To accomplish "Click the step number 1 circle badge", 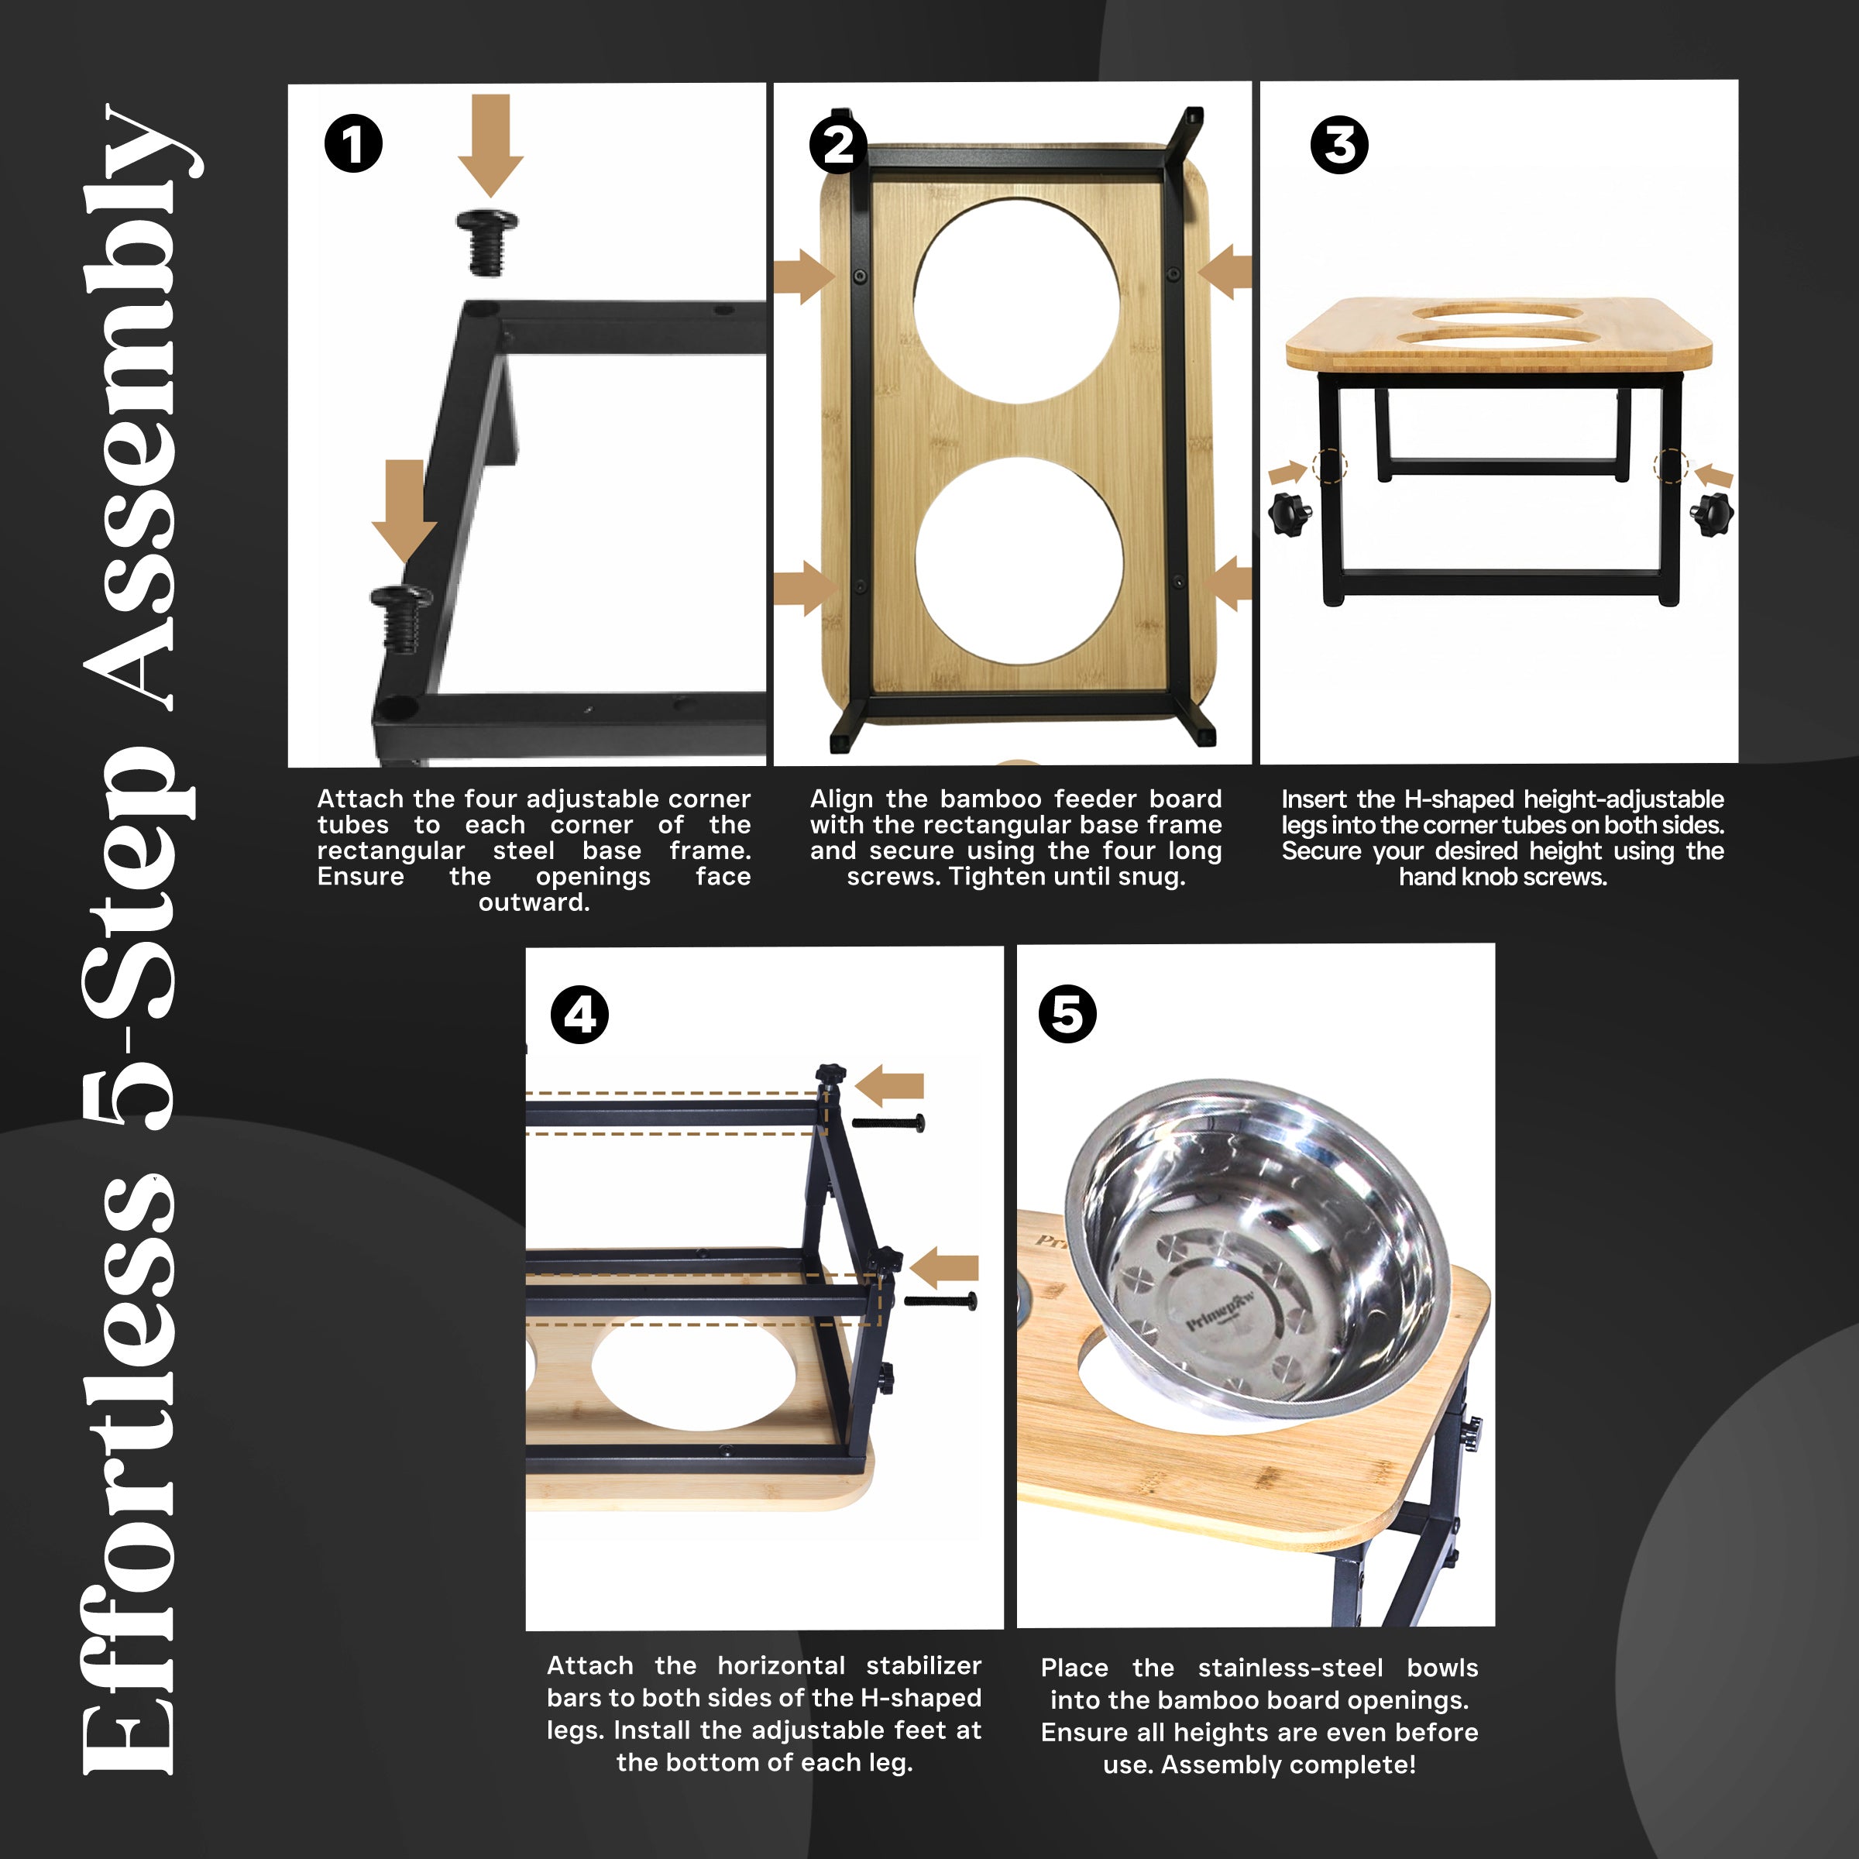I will tap(353, 144).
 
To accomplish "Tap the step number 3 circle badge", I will tap(1338, 146).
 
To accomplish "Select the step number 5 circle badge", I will tap(1067, 1013).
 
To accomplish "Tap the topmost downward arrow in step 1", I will tap(491, 144).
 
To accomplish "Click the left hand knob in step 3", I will tap(1290, 513).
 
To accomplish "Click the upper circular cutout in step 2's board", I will tap(1016, 301).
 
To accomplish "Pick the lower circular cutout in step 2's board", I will tap(1018, 560).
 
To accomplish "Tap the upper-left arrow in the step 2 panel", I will tap(803, 277).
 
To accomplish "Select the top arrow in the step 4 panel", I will tap(890, 1084).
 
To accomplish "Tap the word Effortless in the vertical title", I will tap(130, 1472).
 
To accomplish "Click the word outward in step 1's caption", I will tap(534, 902).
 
